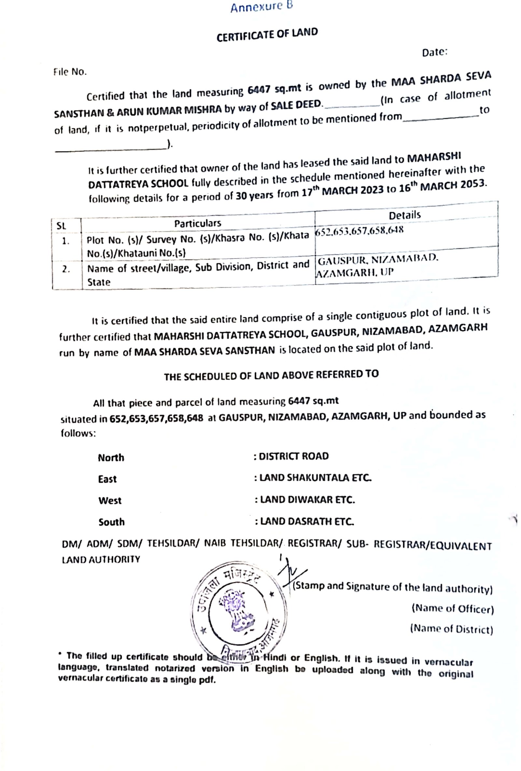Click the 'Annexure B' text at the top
(261, 7)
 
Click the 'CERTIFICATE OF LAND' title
(267, 35)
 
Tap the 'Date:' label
(434, 52)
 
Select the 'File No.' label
(70, 72)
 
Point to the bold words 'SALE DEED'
(296, 105)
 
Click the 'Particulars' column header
(197, 223)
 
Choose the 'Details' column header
(405, 215)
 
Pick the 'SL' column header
(61, 226)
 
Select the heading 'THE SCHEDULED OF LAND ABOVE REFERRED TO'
(271, 375)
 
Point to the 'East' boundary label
(107, 479)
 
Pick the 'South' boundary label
(111, 522)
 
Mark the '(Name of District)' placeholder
(451, 629)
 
